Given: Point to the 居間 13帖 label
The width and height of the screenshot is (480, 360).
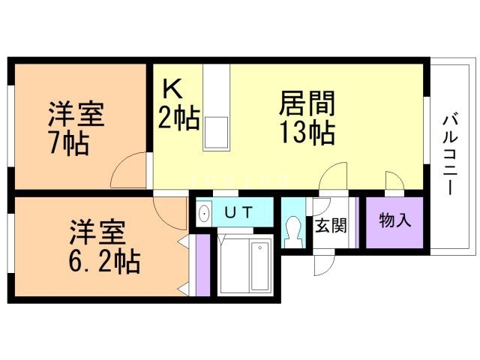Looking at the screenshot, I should pyautogui.click(x=307, y=117).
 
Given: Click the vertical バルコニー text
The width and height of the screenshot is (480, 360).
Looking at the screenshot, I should pyautogui.click(x=450, y=154).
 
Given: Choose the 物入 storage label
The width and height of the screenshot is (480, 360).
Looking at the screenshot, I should pyautogui.click(x=394, y=221).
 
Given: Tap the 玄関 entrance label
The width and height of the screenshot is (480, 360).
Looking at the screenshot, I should pyautogui.click(x=330, y=226).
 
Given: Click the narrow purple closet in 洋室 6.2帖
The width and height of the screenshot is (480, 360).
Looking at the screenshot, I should pyautogui.click(x=201, y=266).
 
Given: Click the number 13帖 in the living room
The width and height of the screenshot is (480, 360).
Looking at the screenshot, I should pyautogui.click(x=307, y=133).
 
